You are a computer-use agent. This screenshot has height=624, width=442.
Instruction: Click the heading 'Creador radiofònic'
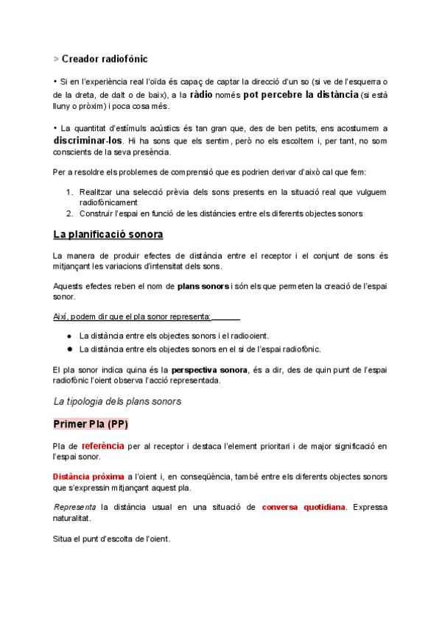click(x=109, y=58)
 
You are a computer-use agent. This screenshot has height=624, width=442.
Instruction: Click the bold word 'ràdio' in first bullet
click(x=203, y=95)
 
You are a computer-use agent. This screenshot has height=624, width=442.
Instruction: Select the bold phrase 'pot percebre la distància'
click(x=301, y=95)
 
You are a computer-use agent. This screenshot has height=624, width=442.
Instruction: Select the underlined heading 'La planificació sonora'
click(x=108, y=235)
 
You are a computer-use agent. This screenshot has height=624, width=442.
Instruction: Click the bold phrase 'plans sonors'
click(x=203, y=285)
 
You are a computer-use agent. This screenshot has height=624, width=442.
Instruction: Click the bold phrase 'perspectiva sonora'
click(x=209, y=369)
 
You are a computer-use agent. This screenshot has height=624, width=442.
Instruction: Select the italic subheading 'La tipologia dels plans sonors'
click(x=117, y=401)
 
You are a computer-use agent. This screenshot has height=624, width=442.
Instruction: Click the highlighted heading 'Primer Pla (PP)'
click(x=91, y=425)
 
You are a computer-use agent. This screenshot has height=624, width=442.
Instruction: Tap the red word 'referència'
click(x=102, y=446)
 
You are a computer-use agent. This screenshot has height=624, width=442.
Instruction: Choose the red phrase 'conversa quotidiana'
click(x=304, y=507)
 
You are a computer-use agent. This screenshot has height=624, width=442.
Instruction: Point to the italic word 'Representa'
click(x=74, y=508)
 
